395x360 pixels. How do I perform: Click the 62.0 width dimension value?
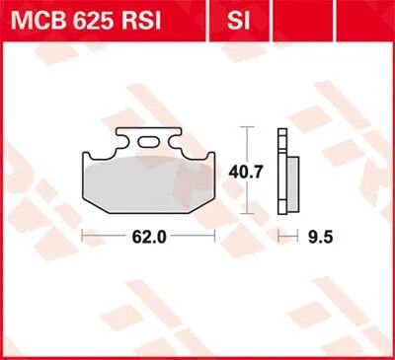149,237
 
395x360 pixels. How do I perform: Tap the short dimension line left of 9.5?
286,237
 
